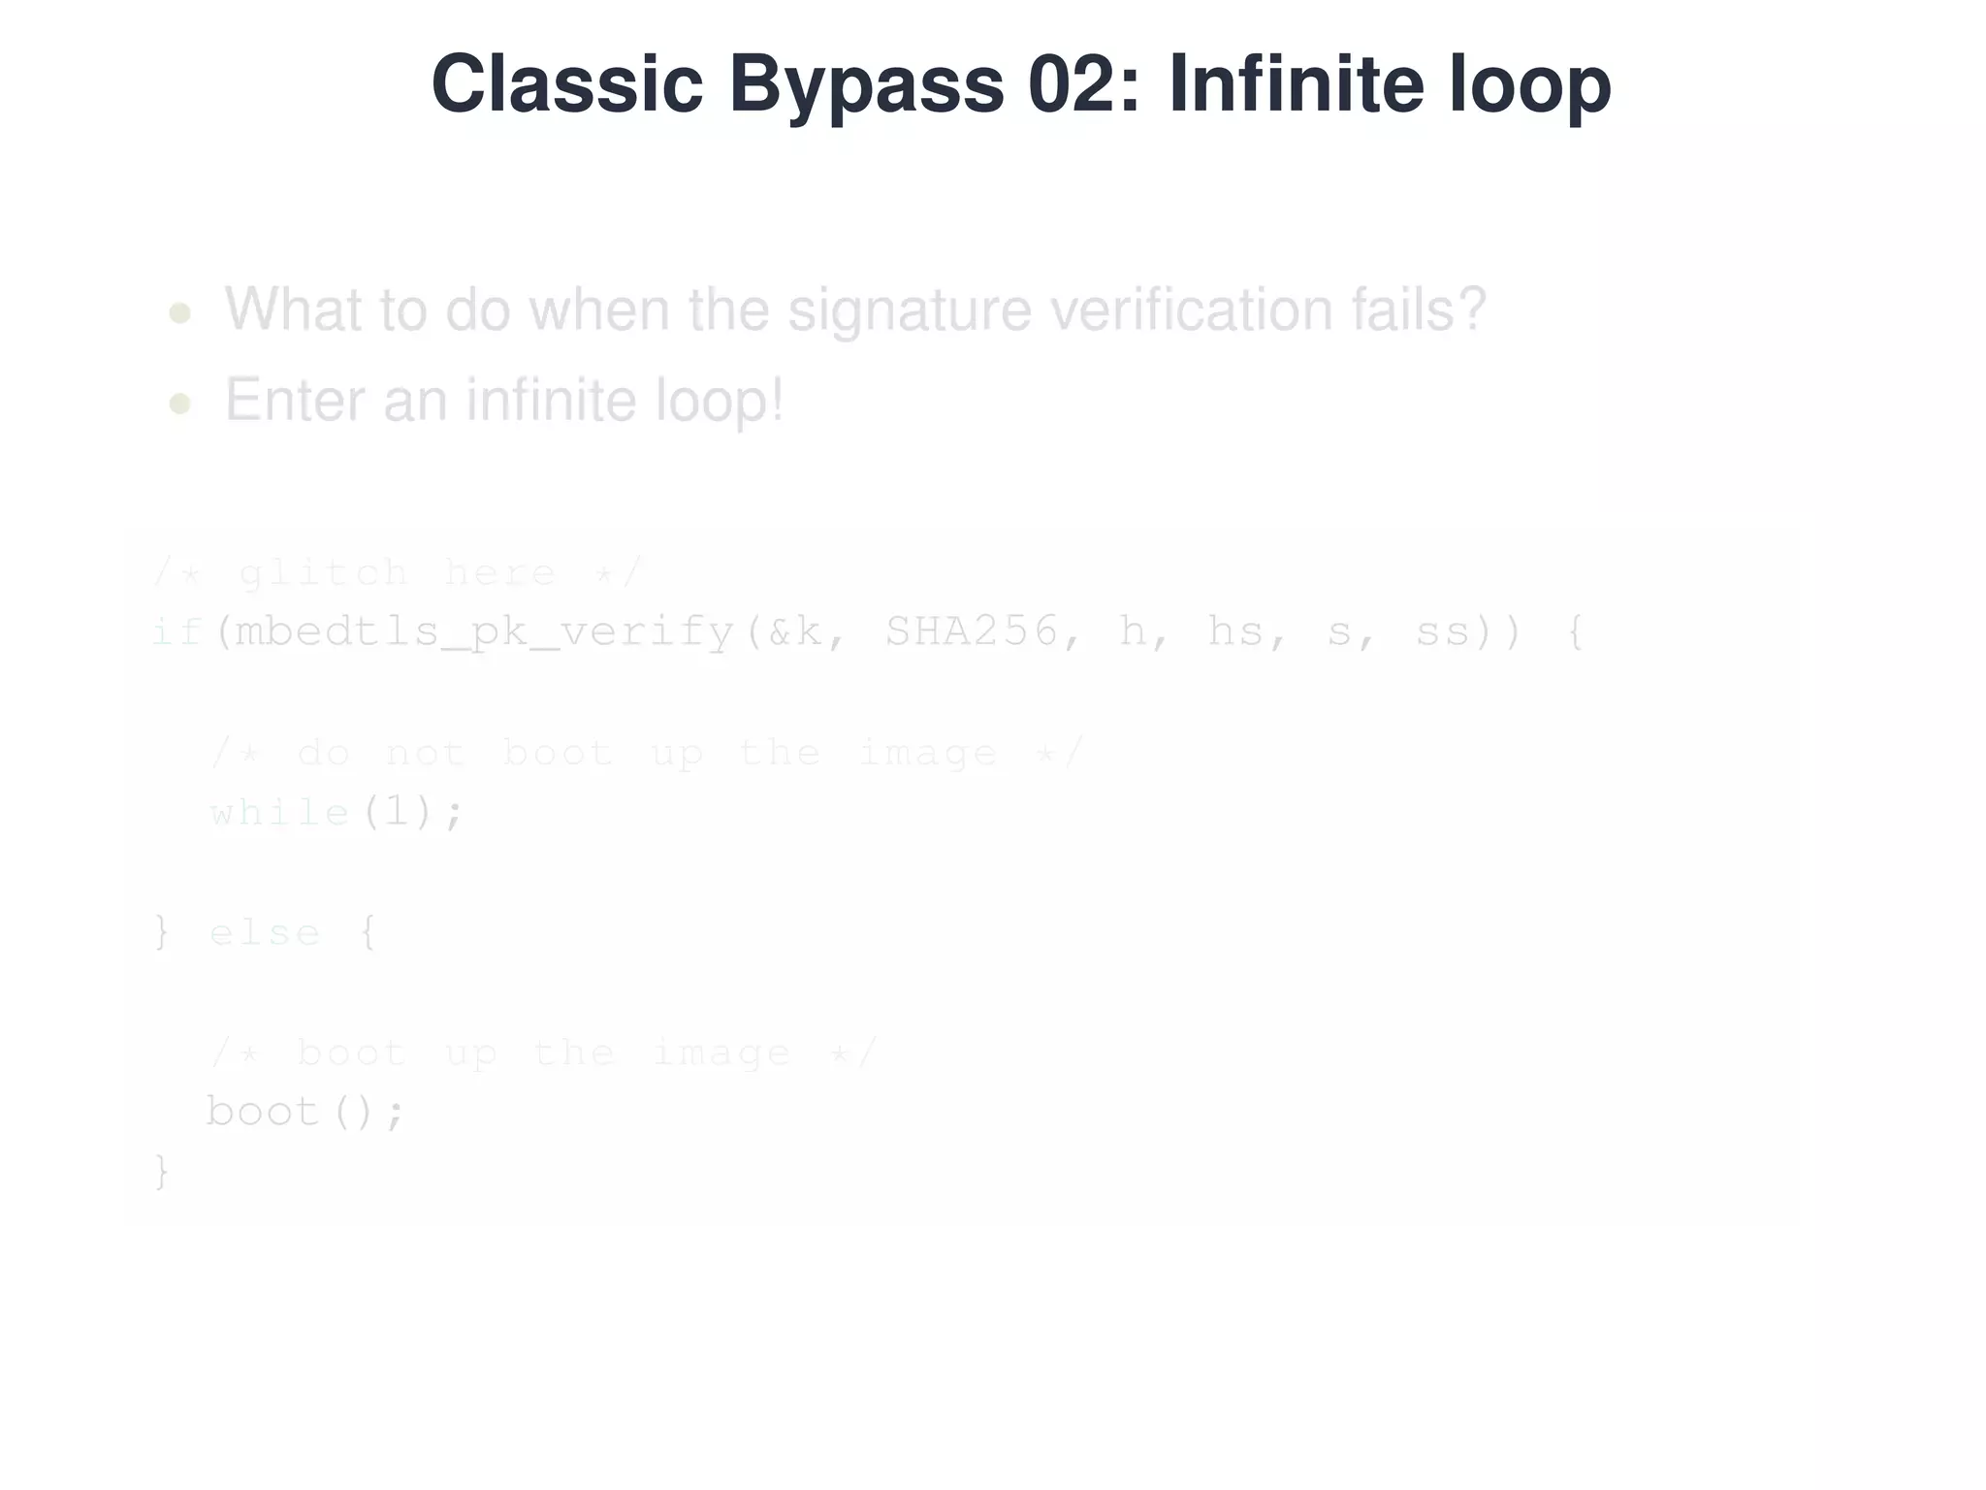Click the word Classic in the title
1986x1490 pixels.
(566, 84)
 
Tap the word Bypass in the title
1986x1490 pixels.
(865, 84)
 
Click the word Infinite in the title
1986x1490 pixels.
(1297, 84)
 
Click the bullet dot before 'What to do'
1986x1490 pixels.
(179, 313)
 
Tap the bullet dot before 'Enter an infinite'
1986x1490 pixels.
(179, 404)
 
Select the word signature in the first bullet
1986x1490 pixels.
(909, 310)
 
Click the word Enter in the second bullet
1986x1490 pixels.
(296, 401)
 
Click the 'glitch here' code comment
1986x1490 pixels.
(398, 573)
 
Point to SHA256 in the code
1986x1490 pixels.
(972, 632)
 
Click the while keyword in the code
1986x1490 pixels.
(279, 813)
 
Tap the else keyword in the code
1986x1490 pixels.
(265, 933)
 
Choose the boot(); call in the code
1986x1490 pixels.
(304, 1112)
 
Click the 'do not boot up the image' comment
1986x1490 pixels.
(647, 753)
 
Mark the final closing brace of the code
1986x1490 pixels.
(162, 1172)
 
